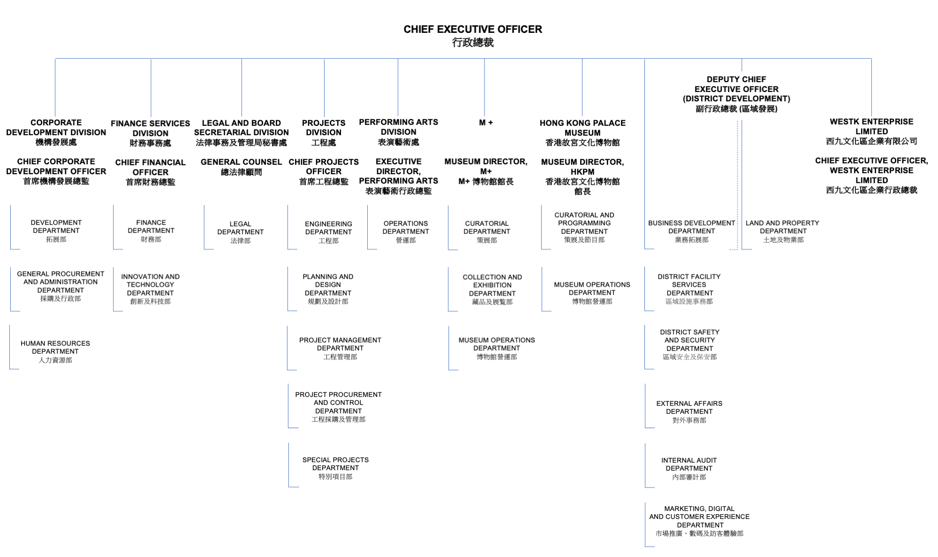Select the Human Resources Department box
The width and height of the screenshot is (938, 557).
tap(55, 351)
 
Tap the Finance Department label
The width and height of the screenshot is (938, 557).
tap(151, 230)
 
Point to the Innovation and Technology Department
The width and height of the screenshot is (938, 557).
tap(150, 289)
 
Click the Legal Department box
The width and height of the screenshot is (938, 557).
tap(240, 232)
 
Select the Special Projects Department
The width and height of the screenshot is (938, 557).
tap(335, 468)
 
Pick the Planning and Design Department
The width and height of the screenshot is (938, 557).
tap(328, 289)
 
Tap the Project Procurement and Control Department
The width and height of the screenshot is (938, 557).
tap(338, 406)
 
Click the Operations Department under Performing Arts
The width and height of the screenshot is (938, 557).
tap(406, 231)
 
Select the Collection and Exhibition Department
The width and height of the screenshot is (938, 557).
tap(492, 289)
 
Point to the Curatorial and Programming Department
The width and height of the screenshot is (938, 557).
tap(584, 227)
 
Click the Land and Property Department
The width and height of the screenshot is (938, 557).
tap(782, 231)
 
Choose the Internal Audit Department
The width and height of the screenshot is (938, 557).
tap(689, 468)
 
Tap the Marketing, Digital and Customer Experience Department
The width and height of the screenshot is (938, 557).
tap(699, 520)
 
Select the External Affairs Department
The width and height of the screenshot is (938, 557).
tap(689, 412)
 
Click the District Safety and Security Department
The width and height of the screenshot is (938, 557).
tap(689, 344)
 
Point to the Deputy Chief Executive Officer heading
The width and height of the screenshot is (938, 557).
tap(736, 94)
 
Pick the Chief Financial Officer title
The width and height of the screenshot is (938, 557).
tap(150, 172)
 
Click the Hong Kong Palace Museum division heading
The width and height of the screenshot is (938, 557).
tap(582, 132)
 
